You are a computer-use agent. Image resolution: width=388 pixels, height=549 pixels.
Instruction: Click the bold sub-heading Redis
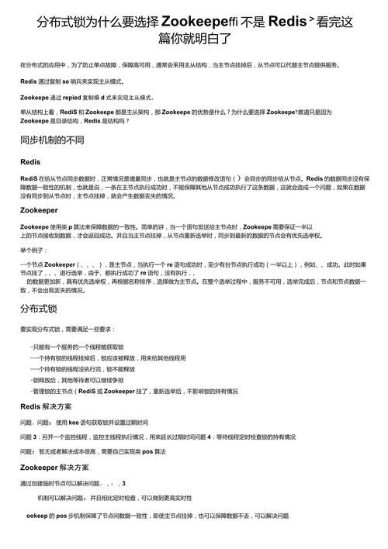(x=30, y=162)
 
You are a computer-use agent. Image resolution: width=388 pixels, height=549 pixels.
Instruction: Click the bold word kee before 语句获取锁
(x=74, y=422)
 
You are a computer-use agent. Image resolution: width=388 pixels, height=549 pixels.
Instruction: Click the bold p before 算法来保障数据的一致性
(x=71, y=226)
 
